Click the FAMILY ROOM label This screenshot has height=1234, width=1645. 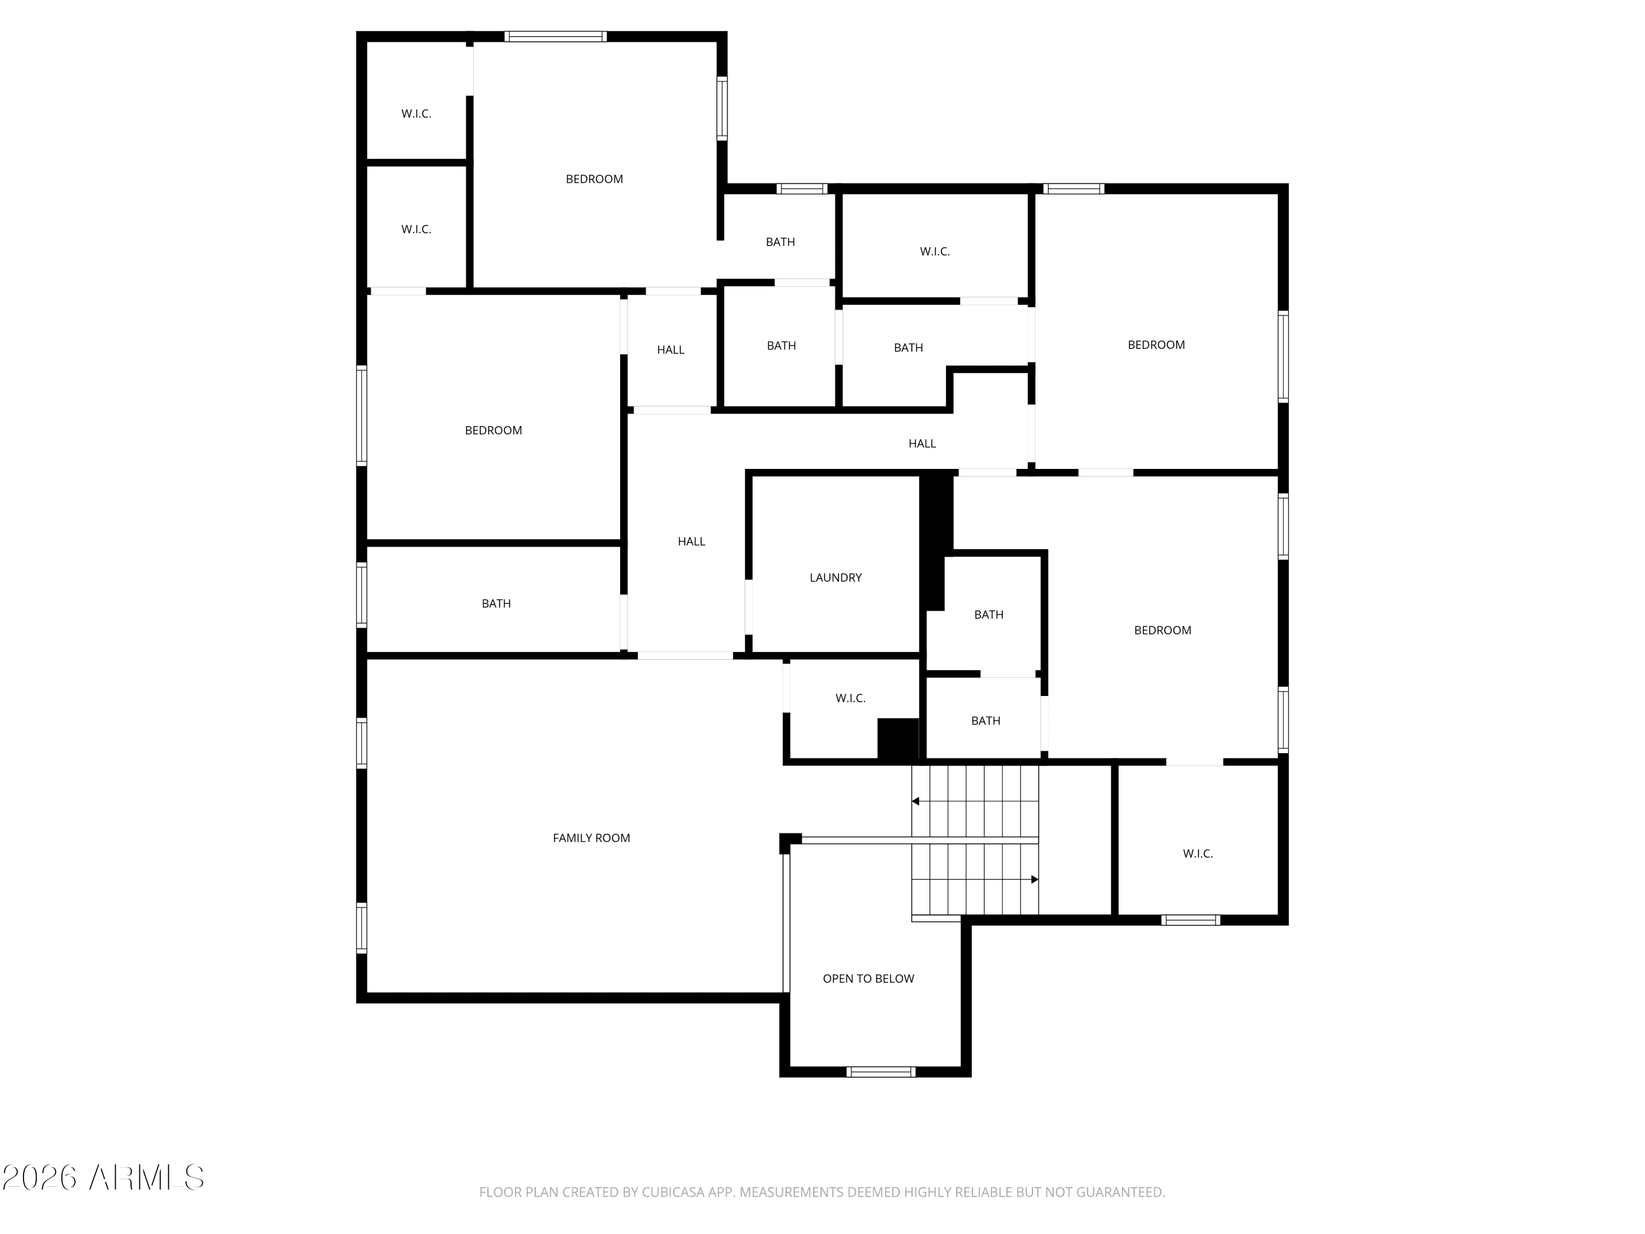591,838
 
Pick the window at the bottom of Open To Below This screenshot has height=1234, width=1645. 881,1072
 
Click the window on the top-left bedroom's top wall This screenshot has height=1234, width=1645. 555,36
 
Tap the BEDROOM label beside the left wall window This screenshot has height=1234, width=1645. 493,431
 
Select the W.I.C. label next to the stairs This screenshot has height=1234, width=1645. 1198,854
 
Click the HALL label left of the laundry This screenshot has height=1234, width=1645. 691,541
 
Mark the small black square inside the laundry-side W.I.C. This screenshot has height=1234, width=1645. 898,739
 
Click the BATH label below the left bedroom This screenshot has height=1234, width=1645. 496,604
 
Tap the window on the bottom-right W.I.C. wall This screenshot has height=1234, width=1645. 1190,920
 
